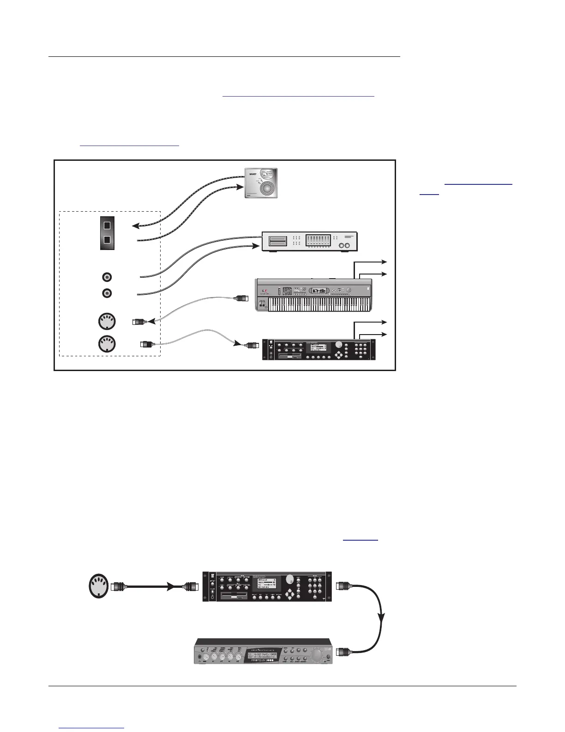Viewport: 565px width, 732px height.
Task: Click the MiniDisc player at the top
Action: [261, 183]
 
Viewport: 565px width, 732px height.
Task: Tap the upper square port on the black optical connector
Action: [107, 226]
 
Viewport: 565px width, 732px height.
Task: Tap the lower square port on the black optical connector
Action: [107, 240]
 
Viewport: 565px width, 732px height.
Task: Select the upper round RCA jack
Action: [107, 277]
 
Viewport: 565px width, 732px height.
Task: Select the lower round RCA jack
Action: [107, 293]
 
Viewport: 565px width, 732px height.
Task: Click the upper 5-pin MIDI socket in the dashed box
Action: [107, 321]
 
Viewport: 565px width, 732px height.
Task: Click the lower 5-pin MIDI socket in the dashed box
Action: [107, 343]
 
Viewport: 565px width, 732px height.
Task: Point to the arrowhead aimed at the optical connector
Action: [136, 226]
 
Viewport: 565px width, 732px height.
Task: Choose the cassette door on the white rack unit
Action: [275, 241]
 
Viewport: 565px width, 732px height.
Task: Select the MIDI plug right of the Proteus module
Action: [344, 652]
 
